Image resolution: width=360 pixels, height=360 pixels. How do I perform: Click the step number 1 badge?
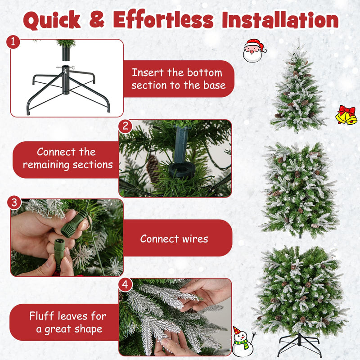click(x=13, y=42)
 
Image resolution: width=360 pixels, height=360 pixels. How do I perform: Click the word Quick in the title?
click(x=52, y=20)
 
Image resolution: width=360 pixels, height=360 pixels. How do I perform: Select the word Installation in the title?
click(x=271, y=20)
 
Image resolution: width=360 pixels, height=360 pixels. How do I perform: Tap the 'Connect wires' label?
click(x=175, y=238)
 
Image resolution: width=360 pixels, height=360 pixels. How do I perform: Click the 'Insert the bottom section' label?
click(x=177, y=79)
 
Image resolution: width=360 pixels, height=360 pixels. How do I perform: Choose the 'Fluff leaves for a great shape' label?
click(x=66, y=322)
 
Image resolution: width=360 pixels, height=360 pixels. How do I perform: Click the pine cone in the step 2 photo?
click(x=153, y=169)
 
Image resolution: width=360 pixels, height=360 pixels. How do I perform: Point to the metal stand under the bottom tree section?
click(x=300, y=345)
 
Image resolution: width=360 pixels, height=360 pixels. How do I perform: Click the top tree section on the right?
click(x=298, y=90)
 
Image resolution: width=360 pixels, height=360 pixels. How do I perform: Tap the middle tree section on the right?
click(x=300, y=189)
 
